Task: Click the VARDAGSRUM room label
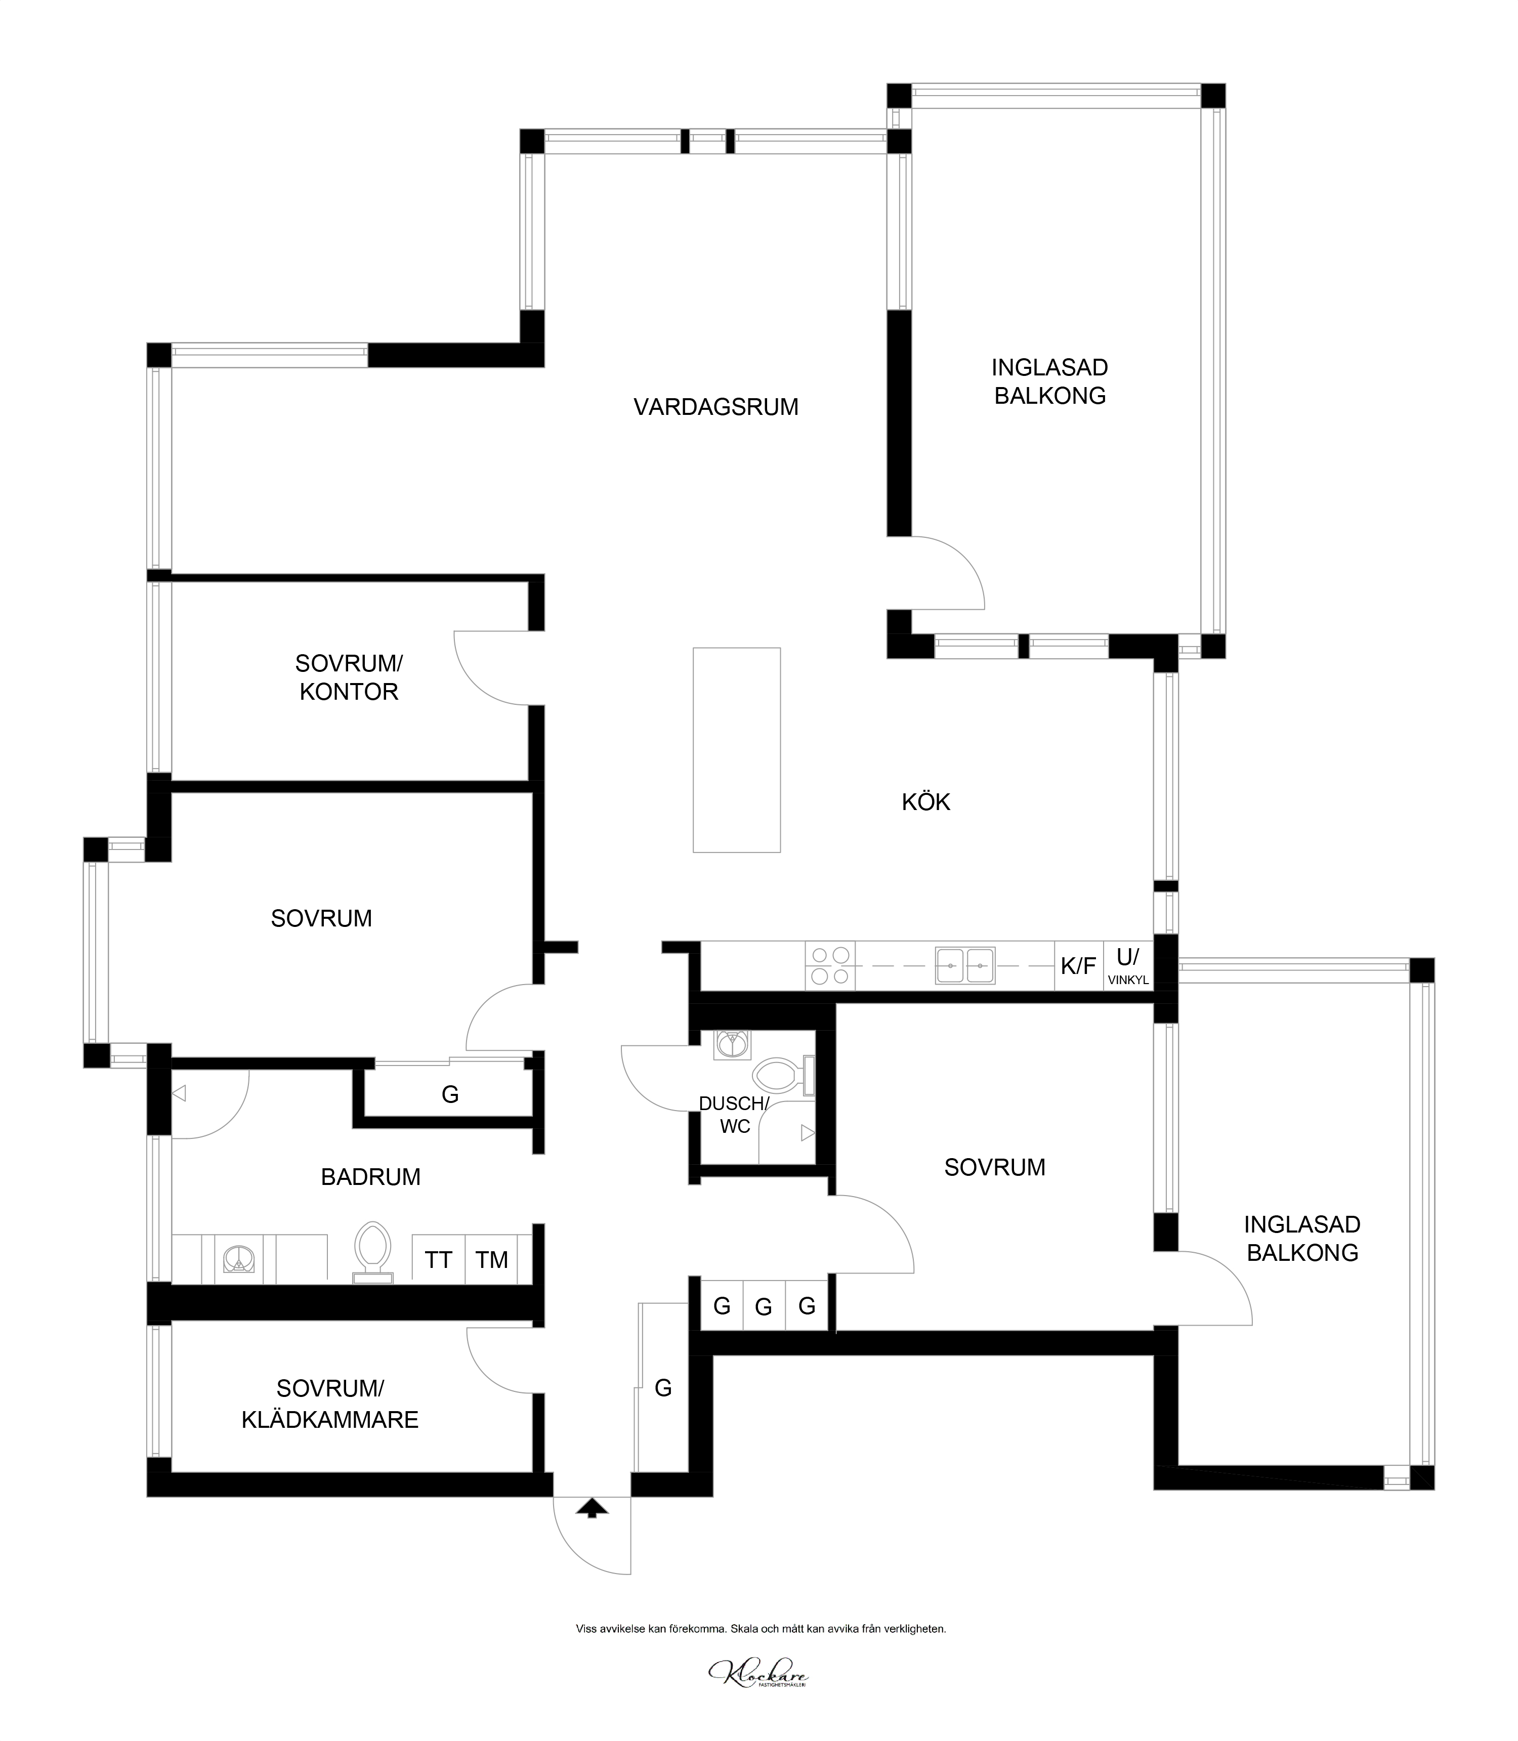coord(716,407)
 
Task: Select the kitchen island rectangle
coord(736,750)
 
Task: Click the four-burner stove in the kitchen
coord(830,965)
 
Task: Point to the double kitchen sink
coord(965,965)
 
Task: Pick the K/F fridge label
coord(1078,966)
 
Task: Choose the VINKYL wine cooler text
coord(1127,980)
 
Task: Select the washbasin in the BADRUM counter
coord(239,1259)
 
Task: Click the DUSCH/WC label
coord(734,1115)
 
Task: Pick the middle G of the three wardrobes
coord(763,1308)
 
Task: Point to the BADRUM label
coord(371,1177)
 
